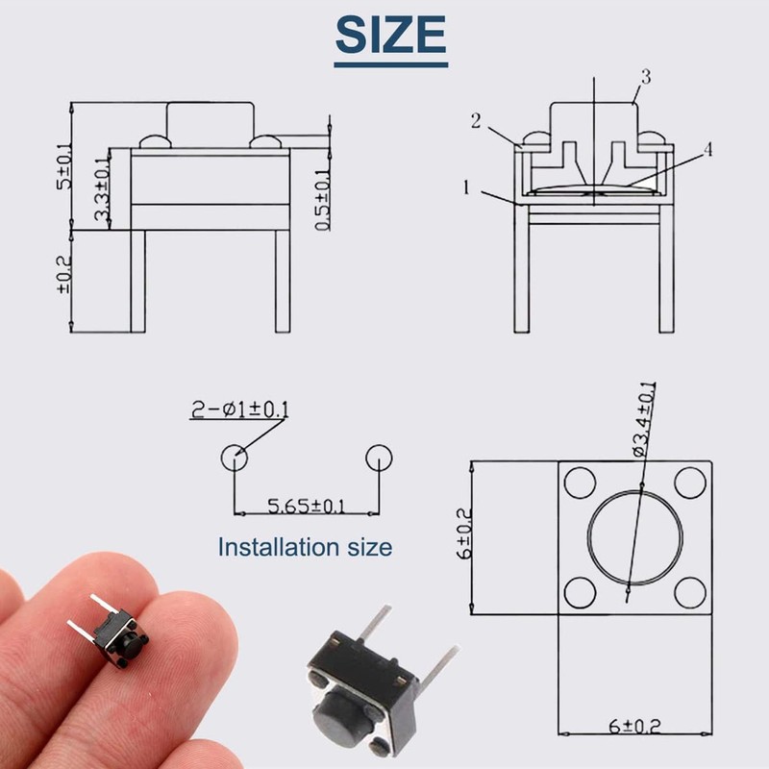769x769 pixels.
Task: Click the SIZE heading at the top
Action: tap(390, 36)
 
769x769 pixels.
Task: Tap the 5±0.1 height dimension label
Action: tap(64, 165)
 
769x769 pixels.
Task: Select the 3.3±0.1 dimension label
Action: tap(102, 189)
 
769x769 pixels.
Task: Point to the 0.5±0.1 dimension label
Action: tap(323, 197)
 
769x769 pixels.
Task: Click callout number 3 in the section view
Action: tap(645, 78)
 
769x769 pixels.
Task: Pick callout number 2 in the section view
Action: tap(476, 121)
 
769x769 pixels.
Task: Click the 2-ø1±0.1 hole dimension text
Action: tap(239, 410)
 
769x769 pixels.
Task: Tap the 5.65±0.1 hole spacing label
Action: tap(306, 506)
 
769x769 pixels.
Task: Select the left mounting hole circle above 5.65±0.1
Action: tap(234, 458)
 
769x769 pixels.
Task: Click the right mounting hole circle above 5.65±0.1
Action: tap(380, 458)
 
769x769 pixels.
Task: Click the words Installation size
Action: tap(305, 547)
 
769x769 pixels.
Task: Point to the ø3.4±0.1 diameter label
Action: tap(642, 419)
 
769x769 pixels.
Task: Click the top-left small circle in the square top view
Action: tap(580, 481)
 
